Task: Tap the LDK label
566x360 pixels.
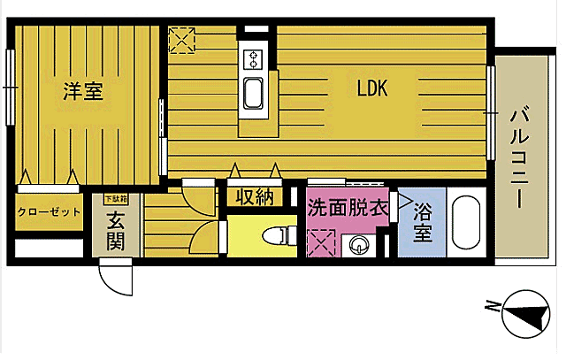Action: tap(372, 88)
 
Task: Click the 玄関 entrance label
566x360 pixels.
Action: tap(115, 229)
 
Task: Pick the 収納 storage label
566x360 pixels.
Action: tap(254, 197)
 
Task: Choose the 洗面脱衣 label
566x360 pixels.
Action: tap(347, 209)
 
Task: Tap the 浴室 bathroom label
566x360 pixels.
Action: tap(421, 224)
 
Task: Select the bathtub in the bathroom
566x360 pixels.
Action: tap(464, 225)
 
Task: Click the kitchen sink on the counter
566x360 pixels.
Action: tap(253, 92)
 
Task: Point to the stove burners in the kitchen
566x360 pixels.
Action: tap(253, 60)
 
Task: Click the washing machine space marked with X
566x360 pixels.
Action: tap(320, 241)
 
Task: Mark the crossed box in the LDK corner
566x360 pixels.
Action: tap(181, 38)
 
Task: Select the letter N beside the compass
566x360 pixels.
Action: tap(491, 307)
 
